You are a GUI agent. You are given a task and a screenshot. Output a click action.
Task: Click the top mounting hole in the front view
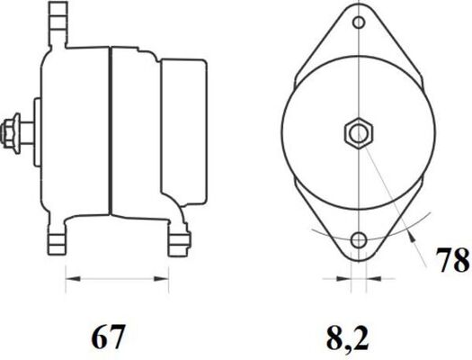(x=359, y=22)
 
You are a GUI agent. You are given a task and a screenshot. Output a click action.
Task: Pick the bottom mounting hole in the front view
(x=359, y=240)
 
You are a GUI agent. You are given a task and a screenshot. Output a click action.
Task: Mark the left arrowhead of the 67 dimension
(x=69, y=279)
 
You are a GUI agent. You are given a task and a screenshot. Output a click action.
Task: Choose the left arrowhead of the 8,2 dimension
(x=348, y=279)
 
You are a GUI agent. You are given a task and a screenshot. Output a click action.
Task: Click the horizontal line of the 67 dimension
(x=117, y=279)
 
